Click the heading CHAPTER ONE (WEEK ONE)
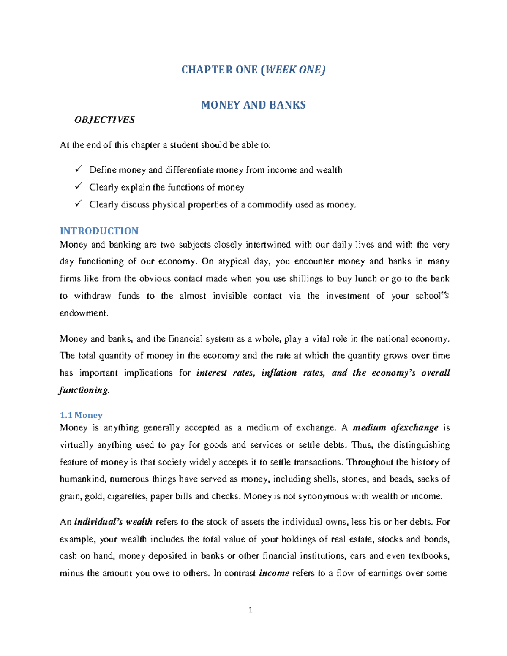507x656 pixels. click(253, 70)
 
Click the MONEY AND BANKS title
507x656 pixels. click(253, 105)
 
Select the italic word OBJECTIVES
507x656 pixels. click(104, 120)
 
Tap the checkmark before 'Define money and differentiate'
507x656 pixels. click(78, 169)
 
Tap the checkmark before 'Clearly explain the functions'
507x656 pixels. click(78, 187)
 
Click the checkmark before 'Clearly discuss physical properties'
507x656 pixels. click(78, 204)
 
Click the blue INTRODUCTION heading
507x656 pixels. click(99, 231)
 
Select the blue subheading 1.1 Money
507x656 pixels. click(81, 415)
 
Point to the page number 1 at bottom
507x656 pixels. click(251, 610)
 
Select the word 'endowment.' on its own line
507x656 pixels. click(84, 313)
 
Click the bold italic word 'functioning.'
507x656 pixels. click(84, 390)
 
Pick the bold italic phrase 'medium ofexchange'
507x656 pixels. click(395, 428)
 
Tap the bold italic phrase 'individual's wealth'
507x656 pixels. click(113, 522)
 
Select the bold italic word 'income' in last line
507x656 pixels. click(274, 573)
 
